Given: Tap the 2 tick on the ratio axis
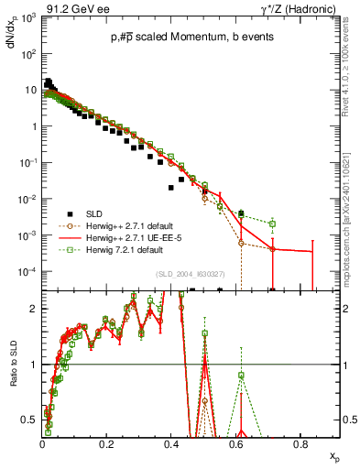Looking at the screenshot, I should click(x=35, y=309).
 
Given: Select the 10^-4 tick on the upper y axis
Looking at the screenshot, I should click(x=28, y=272).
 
